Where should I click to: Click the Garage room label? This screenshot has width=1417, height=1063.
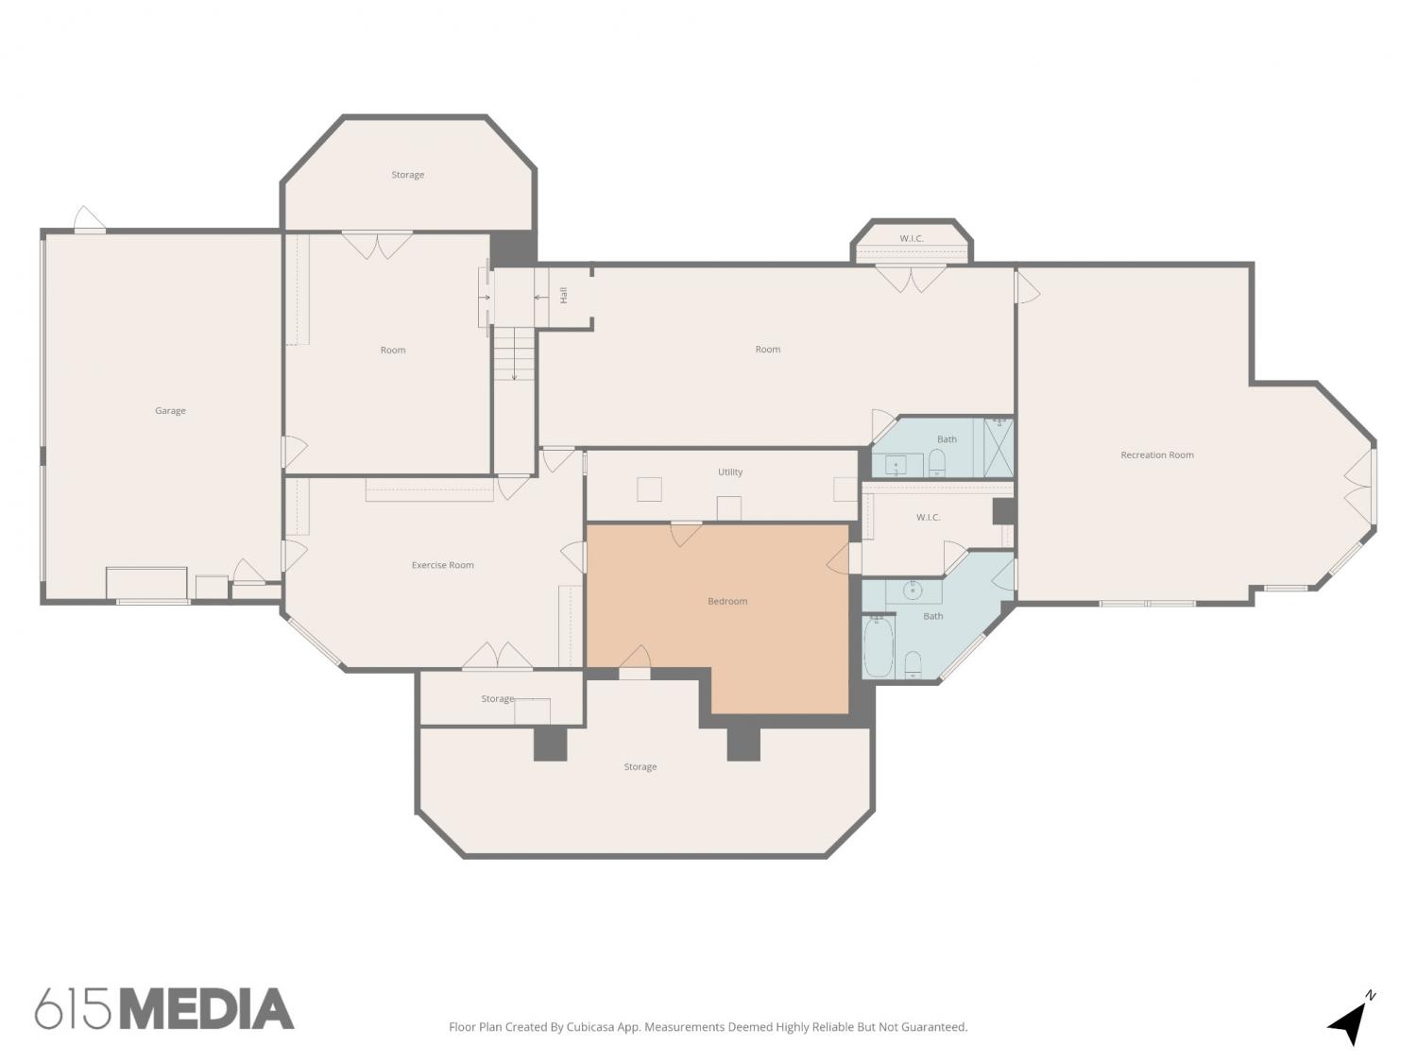(x=170, y=410)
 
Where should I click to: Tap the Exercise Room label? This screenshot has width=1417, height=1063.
(x=442, y=565)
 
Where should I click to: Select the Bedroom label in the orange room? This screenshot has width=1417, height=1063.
(x=726, y=601)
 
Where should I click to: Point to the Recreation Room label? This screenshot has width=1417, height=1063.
(x=1157, y=455)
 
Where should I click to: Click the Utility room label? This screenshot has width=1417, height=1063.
(x=730, y=471)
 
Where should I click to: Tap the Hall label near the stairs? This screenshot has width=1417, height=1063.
(x=564, y=296)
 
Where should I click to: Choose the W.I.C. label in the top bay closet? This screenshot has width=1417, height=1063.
(x=911, y=238)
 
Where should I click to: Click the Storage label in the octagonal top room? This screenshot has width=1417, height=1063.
(x=407, y=174)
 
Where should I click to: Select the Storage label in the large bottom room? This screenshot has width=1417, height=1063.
(x=640, y=766)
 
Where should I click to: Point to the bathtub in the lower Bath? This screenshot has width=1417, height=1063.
(x=878, y=646)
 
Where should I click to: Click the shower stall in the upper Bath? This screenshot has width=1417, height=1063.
(x=999, y=447)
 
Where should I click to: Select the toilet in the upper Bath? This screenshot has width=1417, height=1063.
(x=937, y=463)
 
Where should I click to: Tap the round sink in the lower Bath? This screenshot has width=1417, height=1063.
(x=913, y=591)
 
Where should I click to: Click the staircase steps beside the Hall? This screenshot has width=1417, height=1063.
(x=514, y=353)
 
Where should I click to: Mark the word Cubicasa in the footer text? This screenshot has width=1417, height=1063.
(x=589, y=1027)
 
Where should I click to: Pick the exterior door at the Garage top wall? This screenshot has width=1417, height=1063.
(x=89, y=219)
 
